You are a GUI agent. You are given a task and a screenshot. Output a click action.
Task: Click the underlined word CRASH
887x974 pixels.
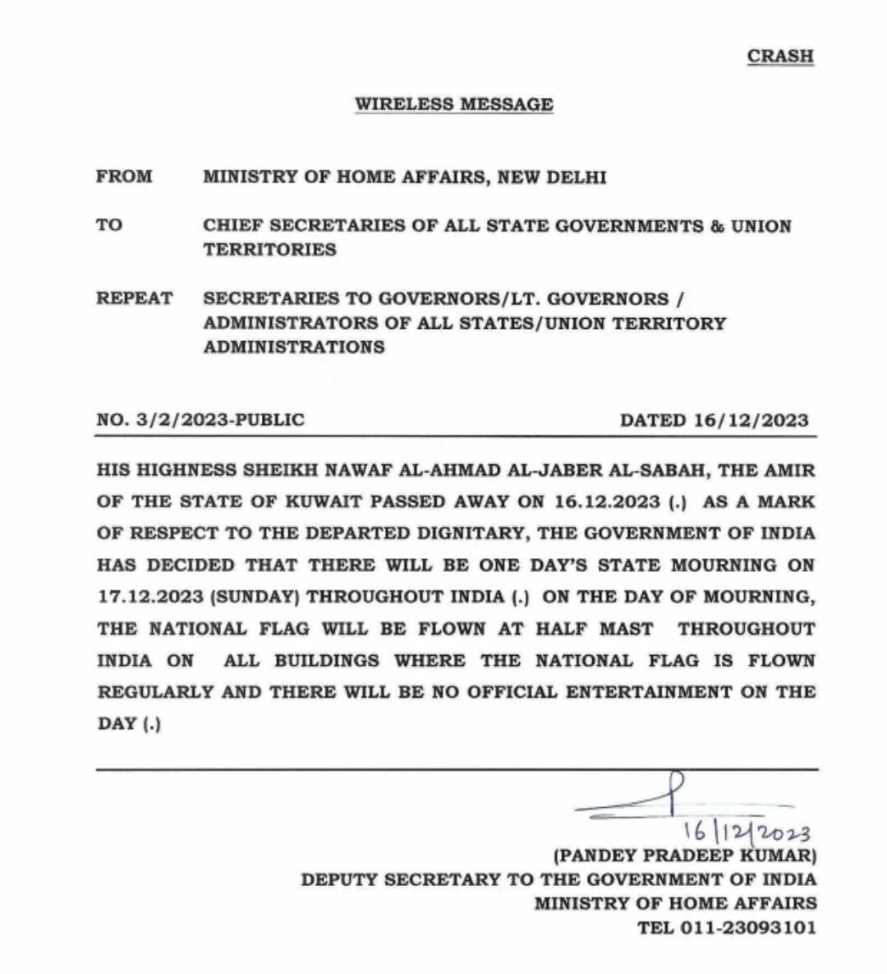(x=779, y=56)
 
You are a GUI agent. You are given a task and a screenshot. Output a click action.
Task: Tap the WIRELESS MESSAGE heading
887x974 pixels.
(x=453, y=104)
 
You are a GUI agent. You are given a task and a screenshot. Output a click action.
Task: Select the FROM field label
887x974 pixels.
(x=124, y=177)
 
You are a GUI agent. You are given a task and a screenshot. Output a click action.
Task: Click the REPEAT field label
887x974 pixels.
(x=135, y=298)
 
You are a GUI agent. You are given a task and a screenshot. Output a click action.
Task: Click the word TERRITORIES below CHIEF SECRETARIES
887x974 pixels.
(x=269, y=250)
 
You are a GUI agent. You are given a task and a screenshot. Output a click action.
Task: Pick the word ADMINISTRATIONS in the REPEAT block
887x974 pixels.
(x=294, y=347)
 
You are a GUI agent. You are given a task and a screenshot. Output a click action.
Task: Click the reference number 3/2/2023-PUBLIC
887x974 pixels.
(x=220, y=420)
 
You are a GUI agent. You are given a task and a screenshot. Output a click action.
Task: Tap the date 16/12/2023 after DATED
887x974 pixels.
(x=751, y=420)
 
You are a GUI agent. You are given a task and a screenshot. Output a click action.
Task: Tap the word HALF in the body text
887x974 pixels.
(x=563, y=629)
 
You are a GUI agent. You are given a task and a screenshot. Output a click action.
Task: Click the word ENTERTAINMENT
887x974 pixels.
(x=648, y=692)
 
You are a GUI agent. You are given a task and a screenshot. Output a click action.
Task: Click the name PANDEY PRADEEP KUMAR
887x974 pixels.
(x=685, y=856)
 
